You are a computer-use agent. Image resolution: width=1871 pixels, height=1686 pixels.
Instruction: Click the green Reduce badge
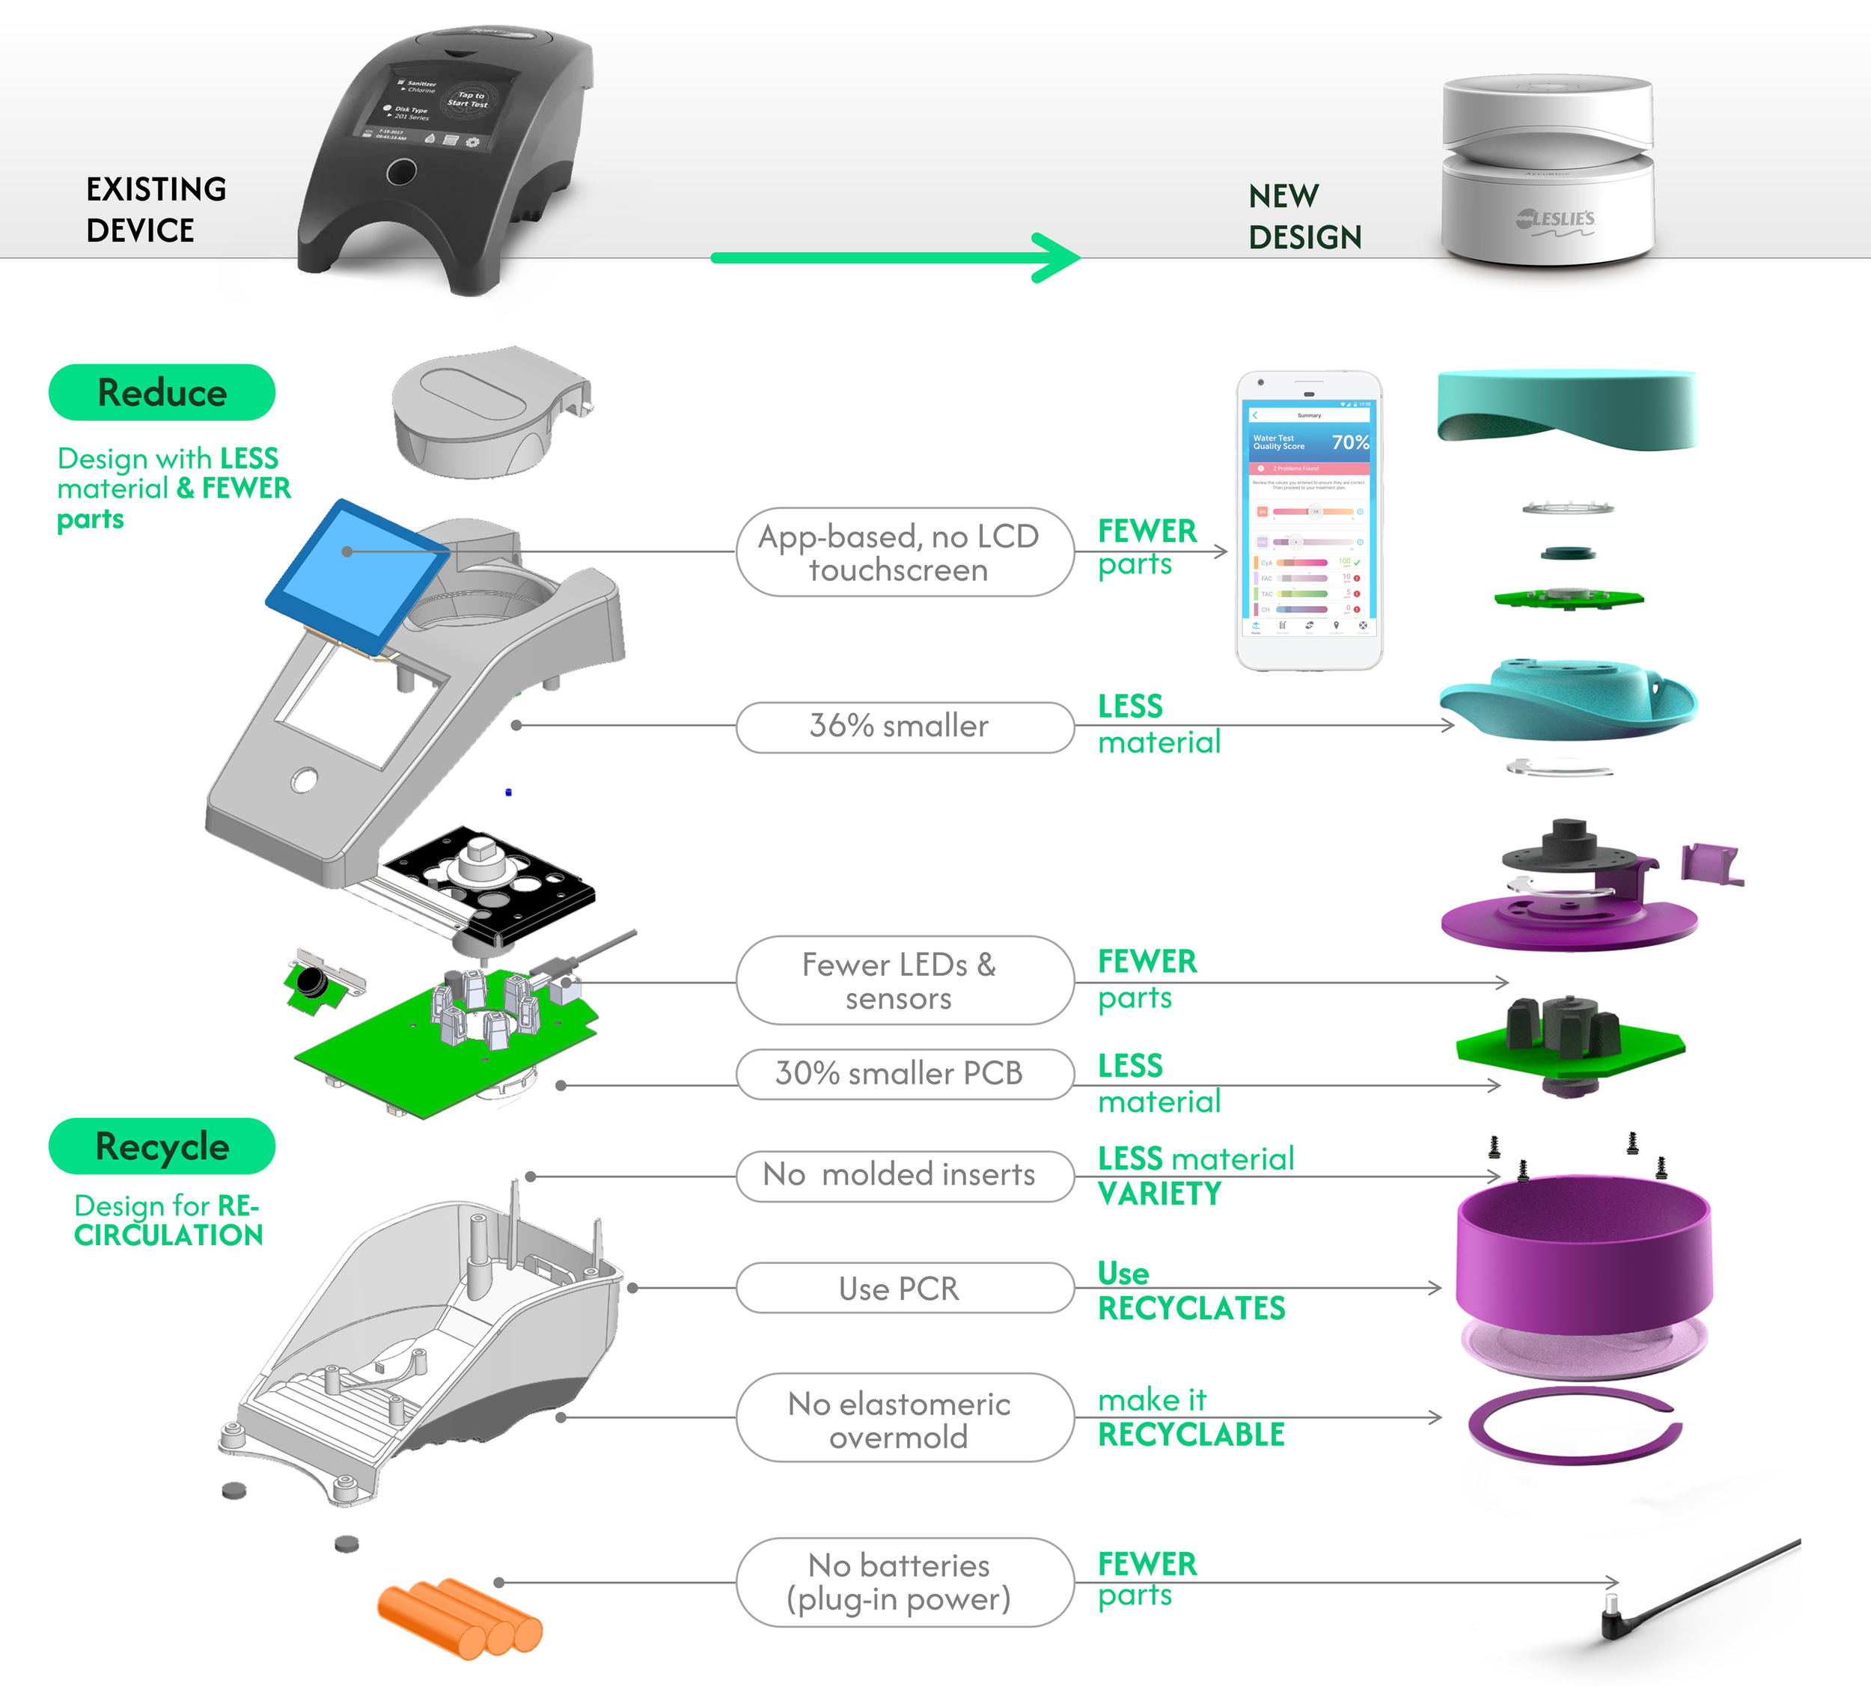click(162, 393)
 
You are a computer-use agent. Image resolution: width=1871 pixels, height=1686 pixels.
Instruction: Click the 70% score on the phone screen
click(1349, 443)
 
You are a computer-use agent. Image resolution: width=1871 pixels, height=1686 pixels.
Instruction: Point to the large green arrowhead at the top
click(1056, 257)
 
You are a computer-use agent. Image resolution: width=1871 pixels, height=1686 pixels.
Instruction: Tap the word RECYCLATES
click(1191, 1309)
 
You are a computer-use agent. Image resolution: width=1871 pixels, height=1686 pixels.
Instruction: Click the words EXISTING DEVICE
click(156, 210)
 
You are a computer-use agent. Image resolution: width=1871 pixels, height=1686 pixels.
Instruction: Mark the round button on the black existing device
click(401, 171)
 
